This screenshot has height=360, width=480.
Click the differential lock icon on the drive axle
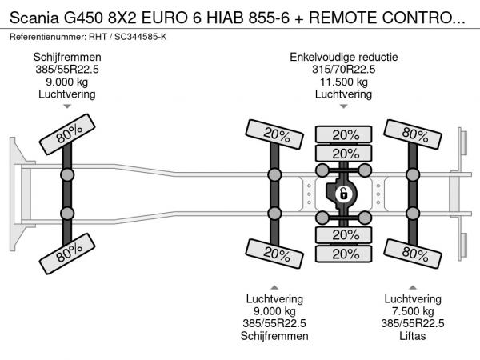click(343, 194)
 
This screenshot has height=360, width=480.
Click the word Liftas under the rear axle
click(412, 336)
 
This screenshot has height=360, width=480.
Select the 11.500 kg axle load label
click(343, 82)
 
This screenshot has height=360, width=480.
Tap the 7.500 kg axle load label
click(413, 311)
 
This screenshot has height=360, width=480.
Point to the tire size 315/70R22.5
click(343, 69)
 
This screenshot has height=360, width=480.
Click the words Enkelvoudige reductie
click(343, 57)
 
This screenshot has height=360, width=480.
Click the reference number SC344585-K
click(141, 37)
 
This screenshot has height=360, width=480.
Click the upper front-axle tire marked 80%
click(67, 134)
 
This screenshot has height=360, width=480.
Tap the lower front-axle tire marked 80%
click(67, 254)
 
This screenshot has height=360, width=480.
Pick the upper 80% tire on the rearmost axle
click(412, 134)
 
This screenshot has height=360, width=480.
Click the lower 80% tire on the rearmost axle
click(412, 254)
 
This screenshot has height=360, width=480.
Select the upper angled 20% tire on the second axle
click(274, 134)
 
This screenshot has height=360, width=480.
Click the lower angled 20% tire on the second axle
click(274, 254)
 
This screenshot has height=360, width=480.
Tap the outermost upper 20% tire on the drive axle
click(343, 134)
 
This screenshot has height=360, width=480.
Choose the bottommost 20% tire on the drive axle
click(343, 254)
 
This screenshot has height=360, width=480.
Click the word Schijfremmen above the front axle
click(67, 57)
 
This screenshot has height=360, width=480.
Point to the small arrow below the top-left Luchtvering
click(67, 106)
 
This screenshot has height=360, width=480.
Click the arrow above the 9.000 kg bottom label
click(274, 287)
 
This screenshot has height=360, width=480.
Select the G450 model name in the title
click(83, 18)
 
